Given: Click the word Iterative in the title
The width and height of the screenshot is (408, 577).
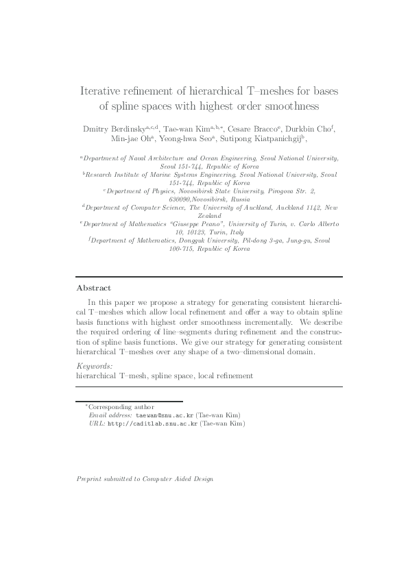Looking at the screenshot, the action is coord(101,90).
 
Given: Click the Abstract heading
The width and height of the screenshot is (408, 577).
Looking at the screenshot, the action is coord(93,288).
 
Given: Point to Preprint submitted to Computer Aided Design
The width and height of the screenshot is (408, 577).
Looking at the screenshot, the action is coord(145,479).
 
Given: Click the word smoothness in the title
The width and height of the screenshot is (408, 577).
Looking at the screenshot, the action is coord(283,106).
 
